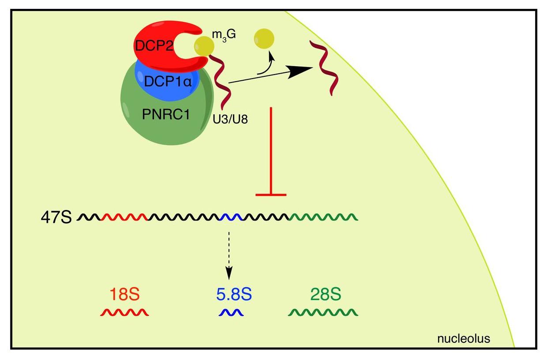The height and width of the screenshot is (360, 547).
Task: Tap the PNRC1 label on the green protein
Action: [166, 116]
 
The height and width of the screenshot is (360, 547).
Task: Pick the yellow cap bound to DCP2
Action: [203, 46]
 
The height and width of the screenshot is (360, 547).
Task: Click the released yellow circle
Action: [264, 40]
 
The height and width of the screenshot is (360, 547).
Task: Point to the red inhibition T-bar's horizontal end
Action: [271, 194]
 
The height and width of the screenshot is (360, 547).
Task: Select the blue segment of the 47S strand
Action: [230, 217]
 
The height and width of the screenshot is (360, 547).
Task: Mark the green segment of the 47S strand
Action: [323, 217]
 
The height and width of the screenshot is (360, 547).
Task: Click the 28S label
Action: [322, 295]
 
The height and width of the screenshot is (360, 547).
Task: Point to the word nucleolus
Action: [463, 339]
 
